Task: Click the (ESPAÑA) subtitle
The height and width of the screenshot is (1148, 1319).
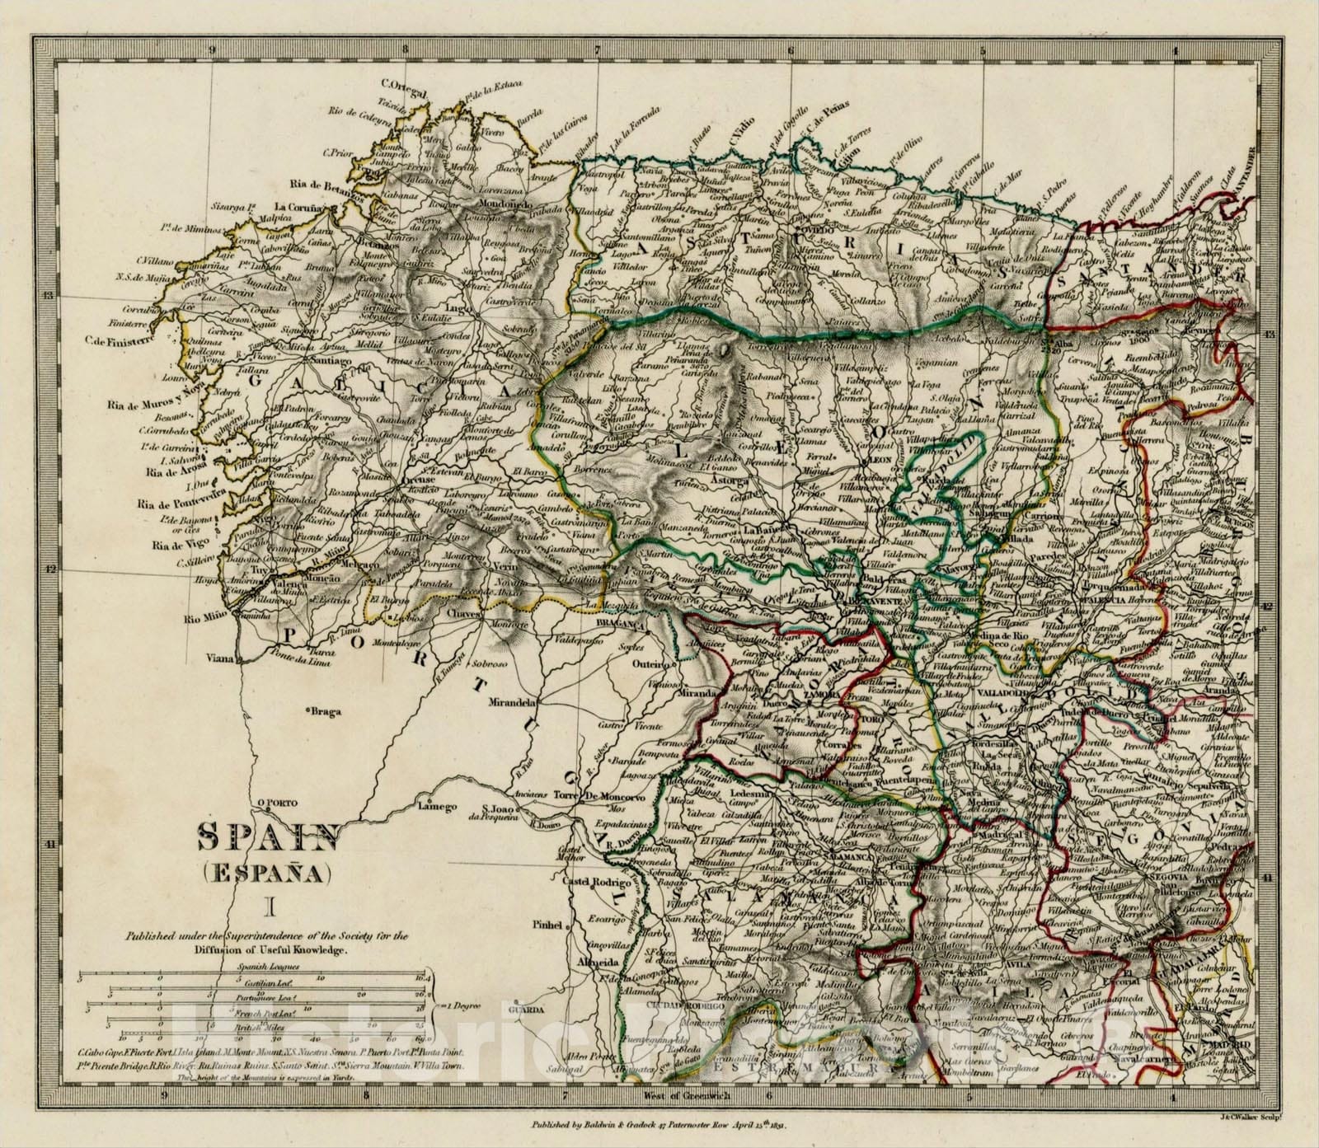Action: point(266,871)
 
